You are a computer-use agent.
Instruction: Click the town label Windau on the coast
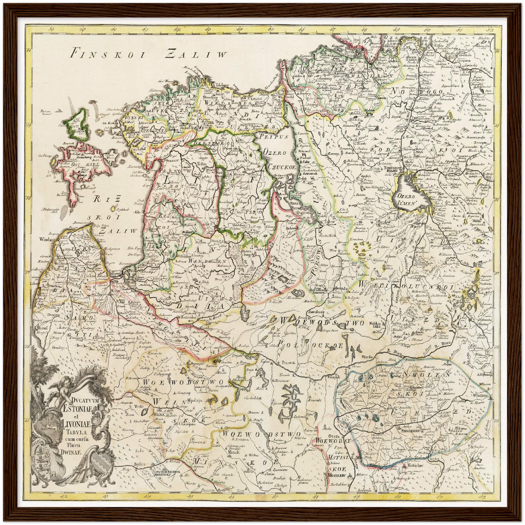pos(45,240)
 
